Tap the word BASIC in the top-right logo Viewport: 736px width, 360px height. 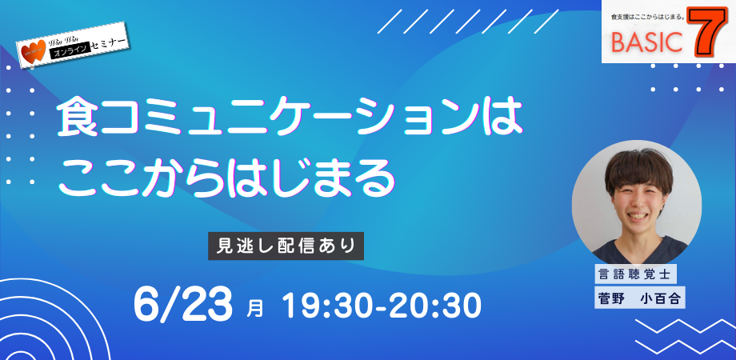coord(646,42)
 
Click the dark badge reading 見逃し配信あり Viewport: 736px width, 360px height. coord(286,246)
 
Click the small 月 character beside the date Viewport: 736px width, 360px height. coord(254,309)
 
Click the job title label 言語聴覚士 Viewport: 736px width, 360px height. coord(635,274)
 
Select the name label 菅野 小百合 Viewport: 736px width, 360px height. coord(639,298)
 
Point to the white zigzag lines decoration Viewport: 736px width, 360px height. coord(685,337)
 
